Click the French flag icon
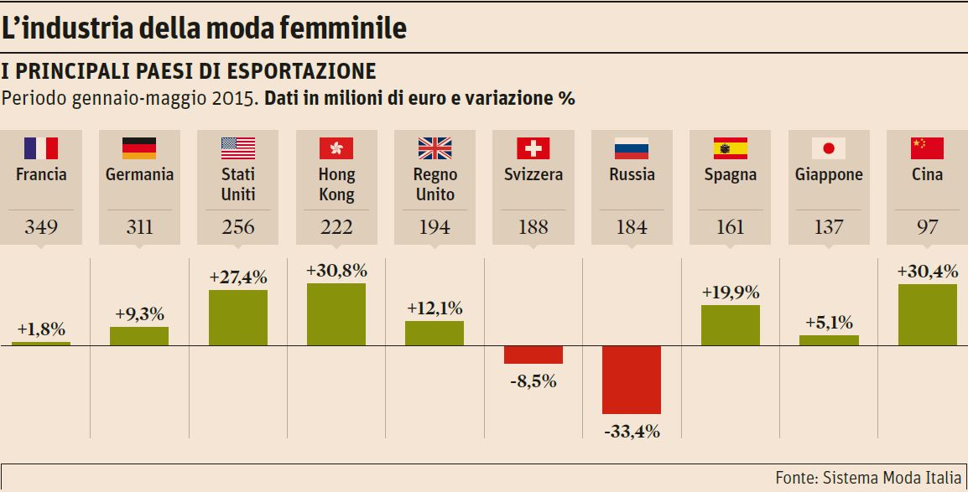point(41,148)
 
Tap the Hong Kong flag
point(336,148)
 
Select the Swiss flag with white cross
point(533,148)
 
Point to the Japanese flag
point(829,148)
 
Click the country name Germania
point(139,175)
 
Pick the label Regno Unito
point(435,184)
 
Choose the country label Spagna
point(731,175)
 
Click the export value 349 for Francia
point(41,226)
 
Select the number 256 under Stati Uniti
point(238,226)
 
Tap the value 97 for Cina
point(927,226)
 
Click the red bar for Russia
point(632,380)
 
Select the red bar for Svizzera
point(533,355)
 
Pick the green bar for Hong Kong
point(336,314)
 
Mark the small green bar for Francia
point(41,344)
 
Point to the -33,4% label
point(632,432)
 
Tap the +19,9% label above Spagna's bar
point(731,293)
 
